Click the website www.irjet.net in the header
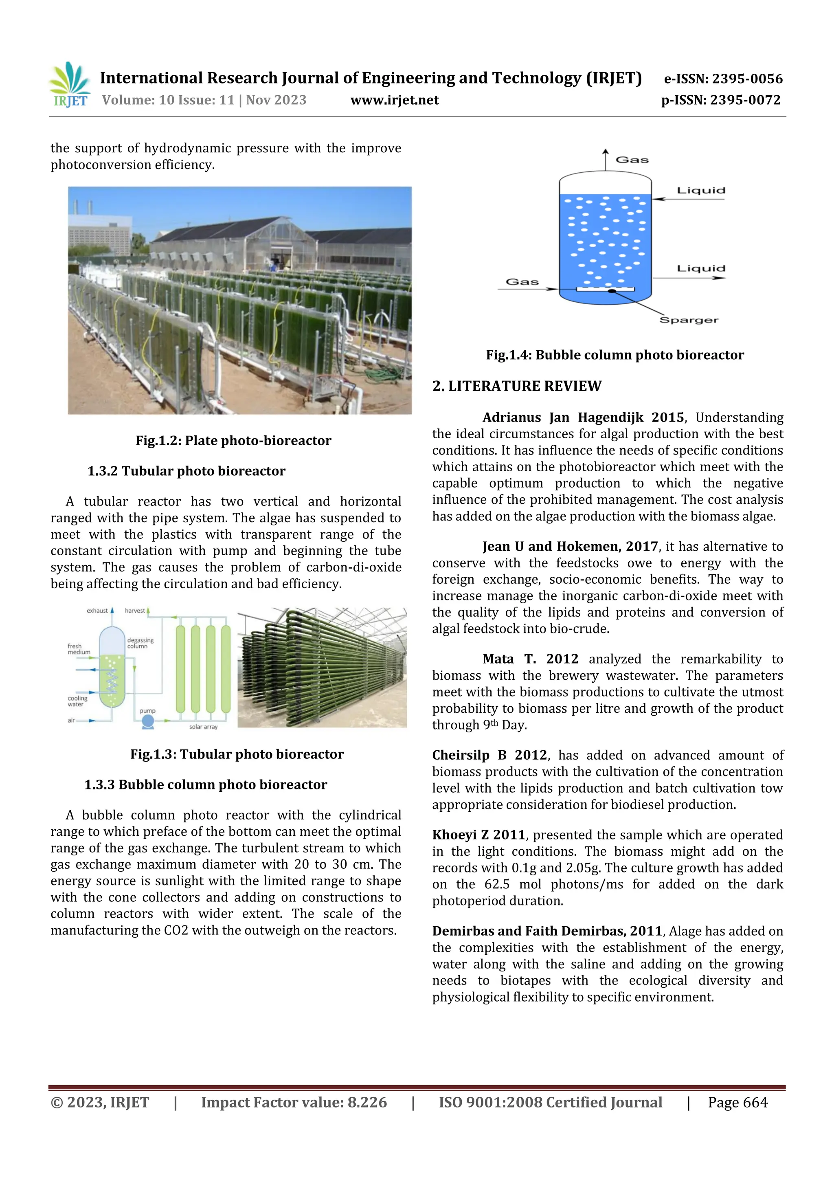point(394,100)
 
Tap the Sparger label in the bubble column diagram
point(689,320)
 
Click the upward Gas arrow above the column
point(605,159)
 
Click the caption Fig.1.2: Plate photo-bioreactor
point(233,440)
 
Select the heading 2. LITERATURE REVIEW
point(516,386)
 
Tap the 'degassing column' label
point(140,643)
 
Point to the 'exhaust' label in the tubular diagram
point(97,611)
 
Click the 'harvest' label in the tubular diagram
point(135,611)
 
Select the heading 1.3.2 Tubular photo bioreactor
point(186,471)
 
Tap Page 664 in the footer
point(737,1102)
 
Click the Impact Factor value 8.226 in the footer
point(367,1102)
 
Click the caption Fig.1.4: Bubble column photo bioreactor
point(615,355)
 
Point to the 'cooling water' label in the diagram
point(78,701)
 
